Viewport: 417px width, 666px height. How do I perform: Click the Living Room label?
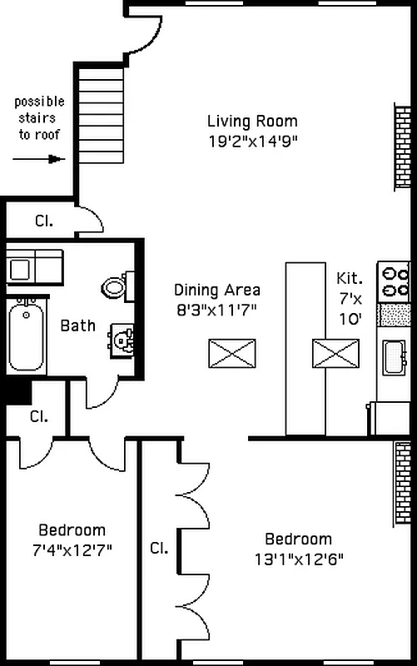coord(251,122)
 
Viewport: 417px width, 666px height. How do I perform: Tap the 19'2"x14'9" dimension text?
coord(251,142)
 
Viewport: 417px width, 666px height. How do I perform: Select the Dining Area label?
coord(217,291)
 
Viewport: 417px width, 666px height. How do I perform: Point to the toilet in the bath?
coord(117,286)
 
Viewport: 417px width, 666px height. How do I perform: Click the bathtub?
coord(27,336)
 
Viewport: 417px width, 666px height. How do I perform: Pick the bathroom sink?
coord(123,340)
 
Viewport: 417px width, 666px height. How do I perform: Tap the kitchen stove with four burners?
coord(394,281)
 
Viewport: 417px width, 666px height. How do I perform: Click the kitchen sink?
coord(394,358)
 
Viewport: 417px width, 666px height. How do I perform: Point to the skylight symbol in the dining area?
coord(231,353)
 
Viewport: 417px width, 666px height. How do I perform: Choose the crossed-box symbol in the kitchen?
coord(335,353)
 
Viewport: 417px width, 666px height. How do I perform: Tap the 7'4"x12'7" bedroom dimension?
coord(72,550)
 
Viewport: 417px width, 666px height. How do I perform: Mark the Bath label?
coord(77,326)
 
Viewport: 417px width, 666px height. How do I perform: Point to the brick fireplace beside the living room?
coord(403,147)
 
